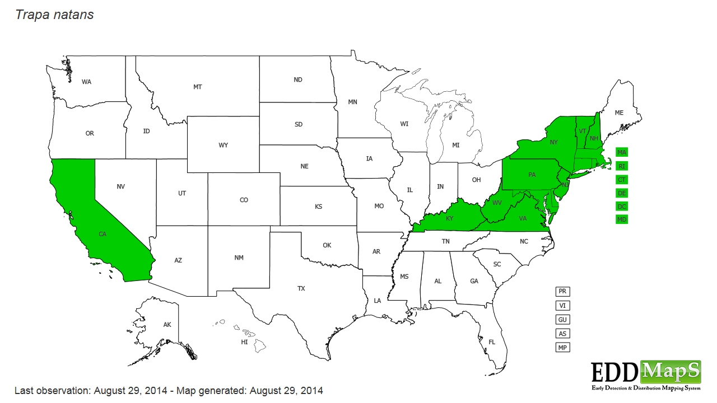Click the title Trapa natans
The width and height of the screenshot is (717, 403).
pos(54,15)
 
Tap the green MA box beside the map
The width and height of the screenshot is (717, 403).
pos(622,152)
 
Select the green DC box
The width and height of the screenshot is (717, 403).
pos(622,206)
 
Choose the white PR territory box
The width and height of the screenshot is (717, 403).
pos(562,292)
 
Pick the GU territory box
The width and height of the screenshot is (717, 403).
pos(562,320)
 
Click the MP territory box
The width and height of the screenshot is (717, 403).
pos(562,348)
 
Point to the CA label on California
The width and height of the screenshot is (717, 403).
pos(103,234)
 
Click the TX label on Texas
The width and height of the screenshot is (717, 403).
pos(301,289)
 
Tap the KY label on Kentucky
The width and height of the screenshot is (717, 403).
pos(449,219)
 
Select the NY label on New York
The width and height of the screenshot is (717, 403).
pos(554,142)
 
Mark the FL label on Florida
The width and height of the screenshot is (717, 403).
pos(492,342)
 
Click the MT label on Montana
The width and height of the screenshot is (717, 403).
pos(198,87)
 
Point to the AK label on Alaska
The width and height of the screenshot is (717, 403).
pos(167,325)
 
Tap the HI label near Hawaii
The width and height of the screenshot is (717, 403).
pos(244,341)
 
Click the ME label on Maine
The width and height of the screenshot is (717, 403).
pos(619,113)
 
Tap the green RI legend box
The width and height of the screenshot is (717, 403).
pos(622,166)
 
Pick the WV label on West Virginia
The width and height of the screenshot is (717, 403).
pos(497,203)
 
